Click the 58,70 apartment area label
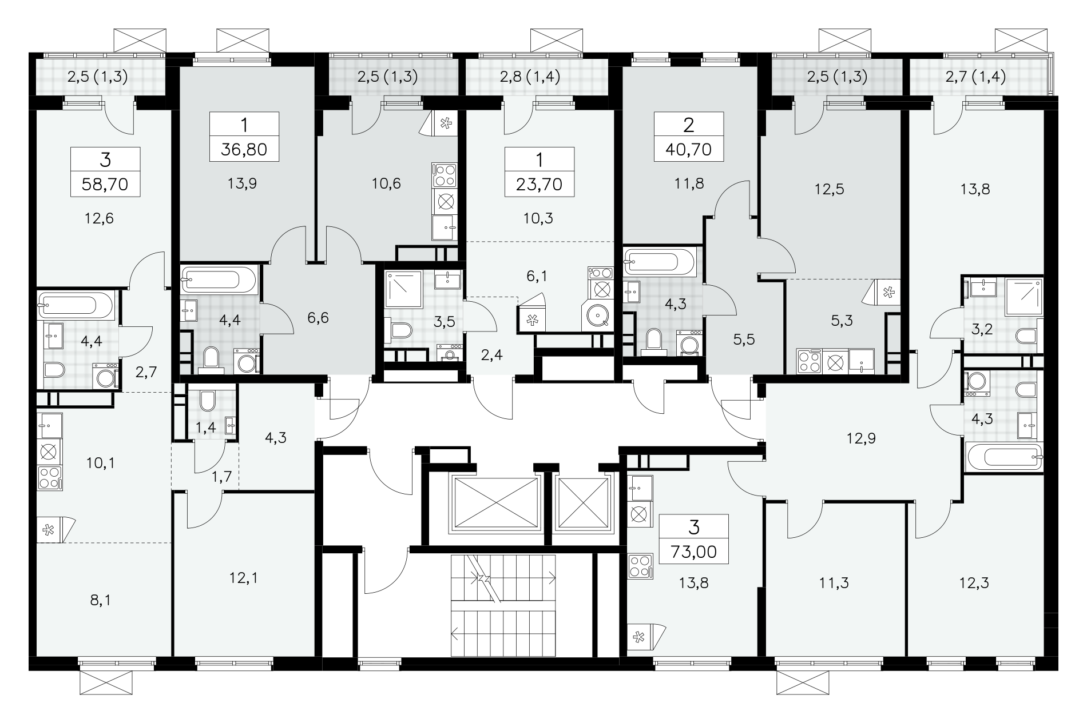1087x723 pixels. pos(105,184)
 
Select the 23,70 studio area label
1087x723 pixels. pos(539,184)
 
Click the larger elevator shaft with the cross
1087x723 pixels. pos(495,502)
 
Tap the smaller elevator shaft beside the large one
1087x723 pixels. pos(582,502)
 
